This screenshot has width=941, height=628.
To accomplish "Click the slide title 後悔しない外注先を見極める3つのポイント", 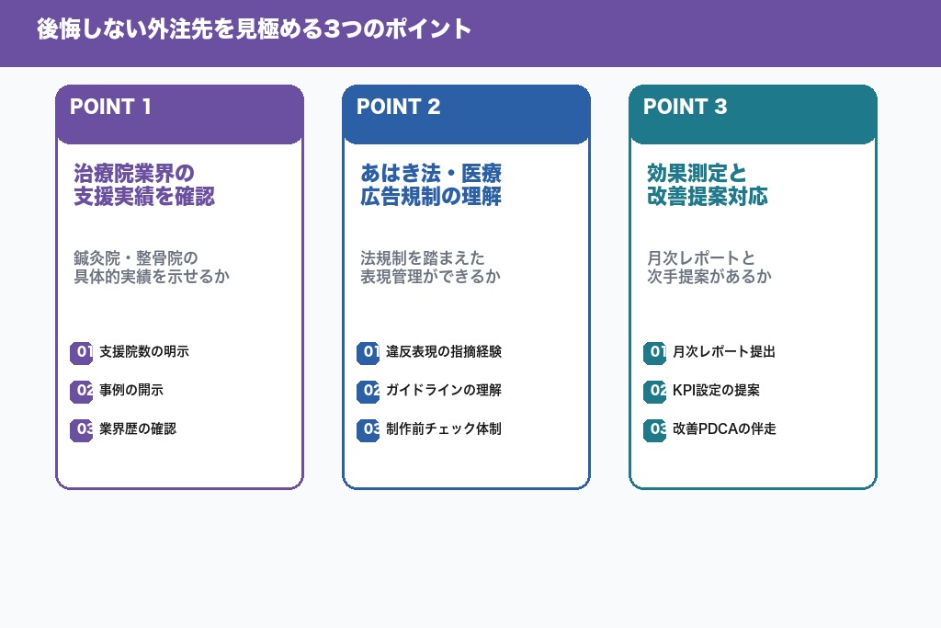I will (254, 29).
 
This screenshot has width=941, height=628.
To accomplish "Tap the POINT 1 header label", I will (110, 107).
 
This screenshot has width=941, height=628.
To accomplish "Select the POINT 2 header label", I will (398, 107).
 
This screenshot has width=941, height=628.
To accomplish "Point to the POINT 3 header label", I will (685, 107).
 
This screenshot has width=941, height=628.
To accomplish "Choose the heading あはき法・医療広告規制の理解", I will (430, 185).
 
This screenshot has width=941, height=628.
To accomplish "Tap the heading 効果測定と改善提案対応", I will (707, 185).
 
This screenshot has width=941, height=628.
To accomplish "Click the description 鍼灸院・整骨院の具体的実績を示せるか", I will (151, 267).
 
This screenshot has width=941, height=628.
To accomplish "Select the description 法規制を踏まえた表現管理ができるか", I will (430, 267).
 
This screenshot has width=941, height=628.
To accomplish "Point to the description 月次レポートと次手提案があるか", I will (709, 267).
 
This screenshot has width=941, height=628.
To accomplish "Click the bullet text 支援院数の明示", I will (144, 352).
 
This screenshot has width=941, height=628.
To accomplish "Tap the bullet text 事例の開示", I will (131, 391).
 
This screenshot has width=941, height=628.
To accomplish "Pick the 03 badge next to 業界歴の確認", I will (82, 429).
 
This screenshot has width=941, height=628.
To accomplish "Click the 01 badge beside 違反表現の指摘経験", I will (368, 352).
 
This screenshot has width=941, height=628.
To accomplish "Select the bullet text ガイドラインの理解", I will (444, 391).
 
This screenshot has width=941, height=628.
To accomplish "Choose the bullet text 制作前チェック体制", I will (444, 429).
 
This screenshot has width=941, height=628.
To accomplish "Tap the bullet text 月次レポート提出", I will (724, 352).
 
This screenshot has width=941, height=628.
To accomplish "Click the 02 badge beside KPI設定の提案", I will (655, 391).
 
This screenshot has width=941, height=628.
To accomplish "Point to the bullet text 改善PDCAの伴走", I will (724, 429).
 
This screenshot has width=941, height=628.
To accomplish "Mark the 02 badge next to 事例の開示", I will (82, 391).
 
